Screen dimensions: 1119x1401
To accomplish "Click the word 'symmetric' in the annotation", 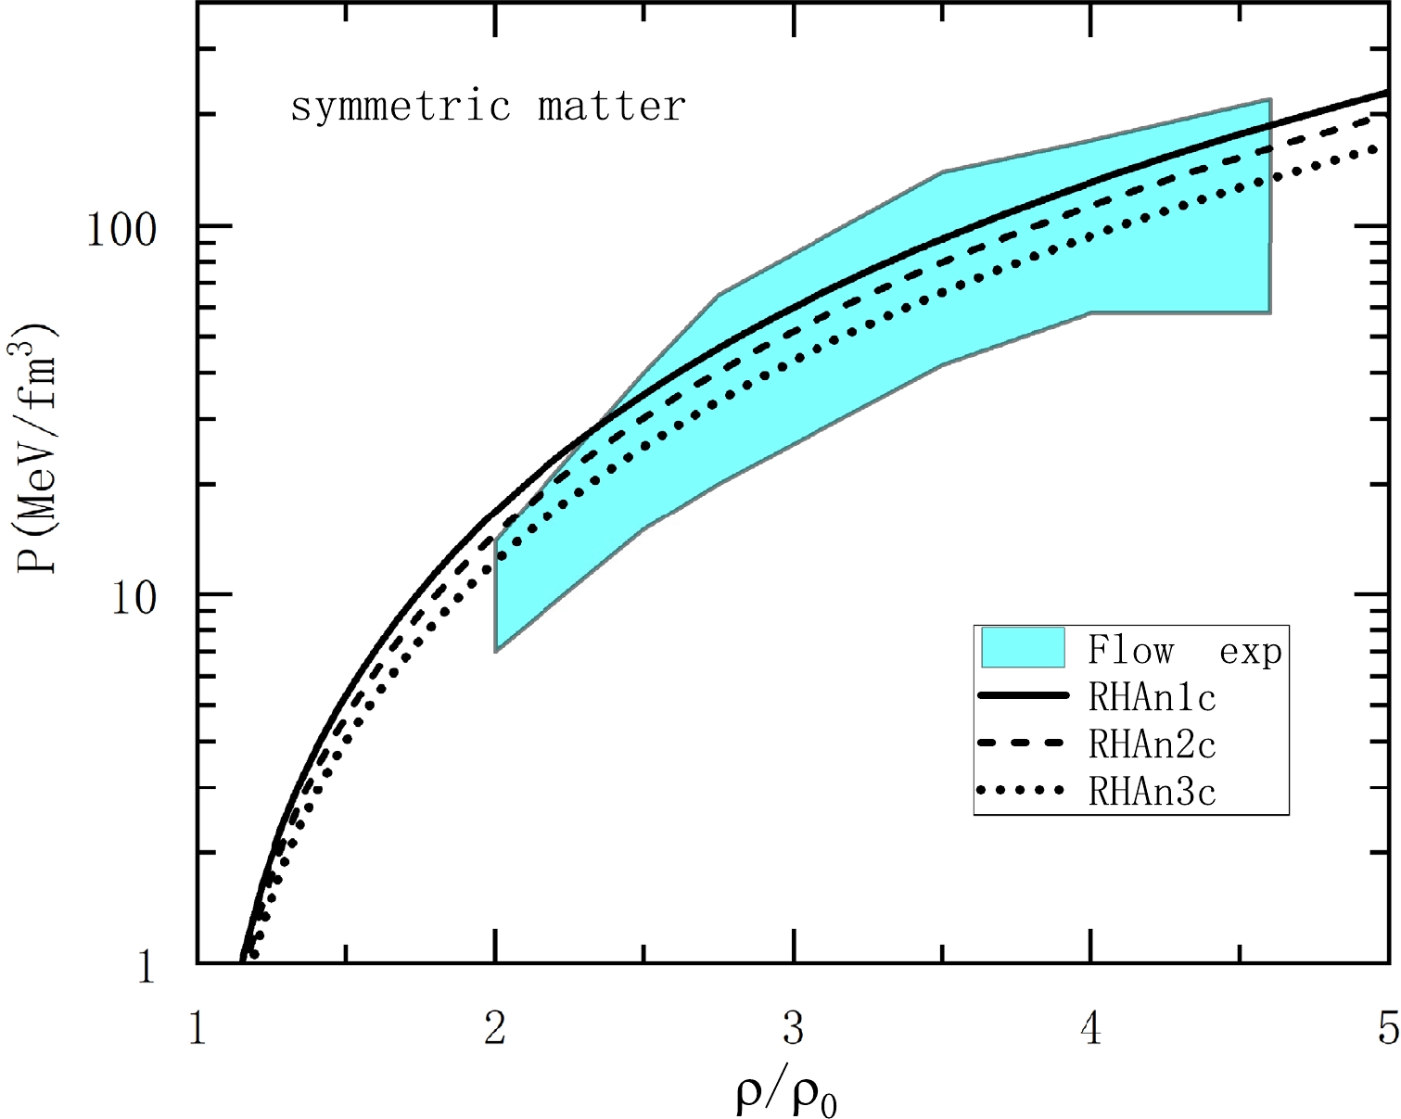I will coord(400,108).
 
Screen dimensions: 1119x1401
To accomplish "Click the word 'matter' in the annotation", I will coord(611,106).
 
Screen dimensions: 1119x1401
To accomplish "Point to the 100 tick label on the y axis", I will coord(122,229).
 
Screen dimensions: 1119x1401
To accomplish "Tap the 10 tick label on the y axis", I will coord(134,597).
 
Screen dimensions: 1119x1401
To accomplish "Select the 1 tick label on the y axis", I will coord(146,968).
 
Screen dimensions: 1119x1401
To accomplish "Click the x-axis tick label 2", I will coord(495,1028).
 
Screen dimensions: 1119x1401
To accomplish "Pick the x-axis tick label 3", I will coord(793,1028).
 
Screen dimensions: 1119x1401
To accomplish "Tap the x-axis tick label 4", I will coord(1091,1028).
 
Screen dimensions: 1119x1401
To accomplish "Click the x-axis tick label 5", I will coord(1387,1028).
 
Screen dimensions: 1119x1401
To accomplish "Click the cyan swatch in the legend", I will coord(1023,647).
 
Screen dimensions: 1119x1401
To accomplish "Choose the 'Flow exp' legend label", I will coord(1184,651).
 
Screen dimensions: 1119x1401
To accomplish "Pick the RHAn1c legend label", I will coord(1152,697).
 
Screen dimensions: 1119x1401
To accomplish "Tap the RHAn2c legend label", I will coord(1152,744).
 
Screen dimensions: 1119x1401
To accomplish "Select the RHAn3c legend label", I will coord(1152,792).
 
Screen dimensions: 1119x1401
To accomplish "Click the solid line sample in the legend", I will coord(1023,694).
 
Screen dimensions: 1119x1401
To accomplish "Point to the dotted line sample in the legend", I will coord(1023,790).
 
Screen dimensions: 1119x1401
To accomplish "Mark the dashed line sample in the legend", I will coord(1023,743).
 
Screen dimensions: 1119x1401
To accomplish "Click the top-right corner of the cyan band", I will coord(1269,99).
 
